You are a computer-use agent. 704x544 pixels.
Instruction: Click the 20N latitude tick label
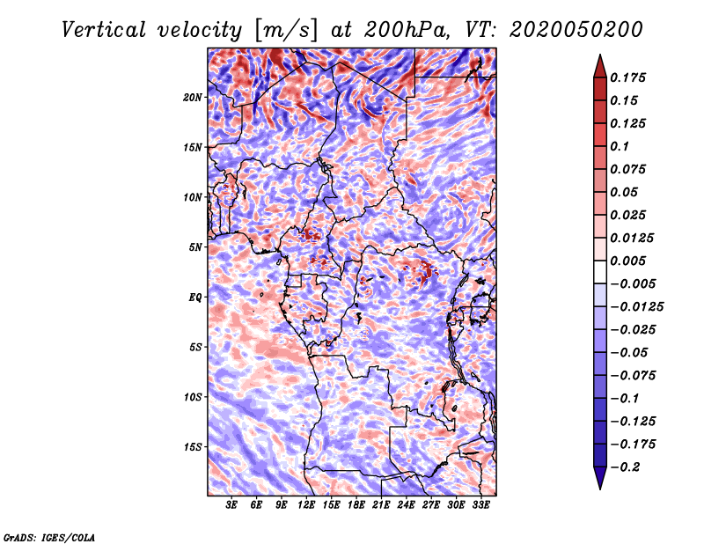coord(193,98)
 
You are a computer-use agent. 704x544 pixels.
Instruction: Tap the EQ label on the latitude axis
coord(194,298)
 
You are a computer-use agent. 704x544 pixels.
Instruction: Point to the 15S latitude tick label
coord(193,447)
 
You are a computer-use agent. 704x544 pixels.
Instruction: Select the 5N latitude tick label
coord(195,247)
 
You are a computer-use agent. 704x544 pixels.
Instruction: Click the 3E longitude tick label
coord(231,505)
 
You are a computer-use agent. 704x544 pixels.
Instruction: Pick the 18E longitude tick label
coord(356,505)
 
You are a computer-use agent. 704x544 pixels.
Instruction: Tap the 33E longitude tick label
coord(480,505)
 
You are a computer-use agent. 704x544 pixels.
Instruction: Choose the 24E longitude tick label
coord(406,505)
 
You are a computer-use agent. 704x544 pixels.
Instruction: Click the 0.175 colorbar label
coord(627,77)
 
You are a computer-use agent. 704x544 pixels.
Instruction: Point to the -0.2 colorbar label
coord(624,467)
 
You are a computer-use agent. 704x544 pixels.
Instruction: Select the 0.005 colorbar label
coord(627,261)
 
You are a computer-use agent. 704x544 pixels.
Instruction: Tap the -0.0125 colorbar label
coord(635,307)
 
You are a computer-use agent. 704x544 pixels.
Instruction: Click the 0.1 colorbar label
coord(619,146)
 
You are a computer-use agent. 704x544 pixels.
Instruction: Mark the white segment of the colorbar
coord(600,272)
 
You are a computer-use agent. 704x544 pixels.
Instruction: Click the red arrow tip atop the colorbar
coord(600,55)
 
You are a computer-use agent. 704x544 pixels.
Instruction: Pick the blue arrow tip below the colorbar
coord(600,489)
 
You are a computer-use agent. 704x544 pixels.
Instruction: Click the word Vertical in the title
coord(104,30)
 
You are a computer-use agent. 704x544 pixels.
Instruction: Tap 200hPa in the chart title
coord(406,30)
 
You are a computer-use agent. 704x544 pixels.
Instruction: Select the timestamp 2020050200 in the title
coord(576,30)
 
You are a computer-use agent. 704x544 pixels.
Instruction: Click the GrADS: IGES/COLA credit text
coord(49,537)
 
